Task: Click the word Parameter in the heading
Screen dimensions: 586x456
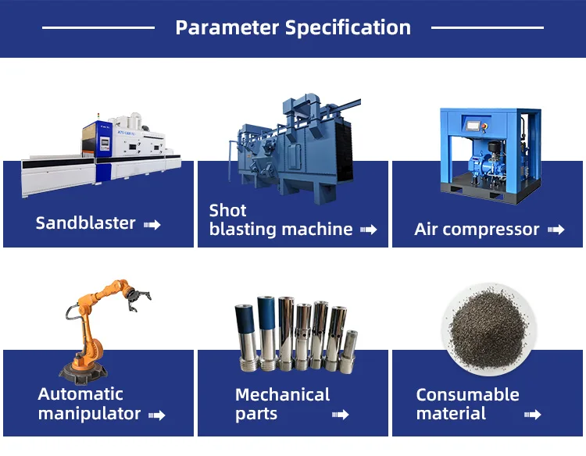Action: (x=227, y=27)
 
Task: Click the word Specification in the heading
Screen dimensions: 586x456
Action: (x=348, y=28)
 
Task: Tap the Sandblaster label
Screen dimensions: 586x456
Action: (x=86, y=223)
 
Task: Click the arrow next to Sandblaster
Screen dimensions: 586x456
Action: (x=152, y=224)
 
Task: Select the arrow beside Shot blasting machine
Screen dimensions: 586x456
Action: (x=369, y=230)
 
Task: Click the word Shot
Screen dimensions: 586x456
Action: (x=227, y=210)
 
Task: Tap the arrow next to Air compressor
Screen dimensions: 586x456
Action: (x=556, y=230)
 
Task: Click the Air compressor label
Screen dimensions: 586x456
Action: (x=477, y=230)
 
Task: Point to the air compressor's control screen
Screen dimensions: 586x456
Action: (x=473, y=126)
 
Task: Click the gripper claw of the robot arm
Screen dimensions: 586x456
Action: (x=138, y=297)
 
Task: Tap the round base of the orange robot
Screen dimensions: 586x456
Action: (x=83, y=372)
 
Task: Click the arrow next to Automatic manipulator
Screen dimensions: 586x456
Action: (x=156, y=415)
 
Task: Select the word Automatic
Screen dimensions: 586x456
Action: (x=80, y=394)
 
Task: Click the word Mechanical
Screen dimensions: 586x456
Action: (x=283, y=395)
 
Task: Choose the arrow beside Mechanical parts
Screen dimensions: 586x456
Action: (x=341, y=414)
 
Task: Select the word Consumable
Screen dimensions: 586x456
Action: (x=467, y=395)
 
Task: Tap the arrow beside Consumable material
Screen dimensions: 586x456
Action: (x=533, y=414)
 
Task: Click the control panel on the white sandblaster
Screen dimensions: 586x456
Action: (x=105, y=144)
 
